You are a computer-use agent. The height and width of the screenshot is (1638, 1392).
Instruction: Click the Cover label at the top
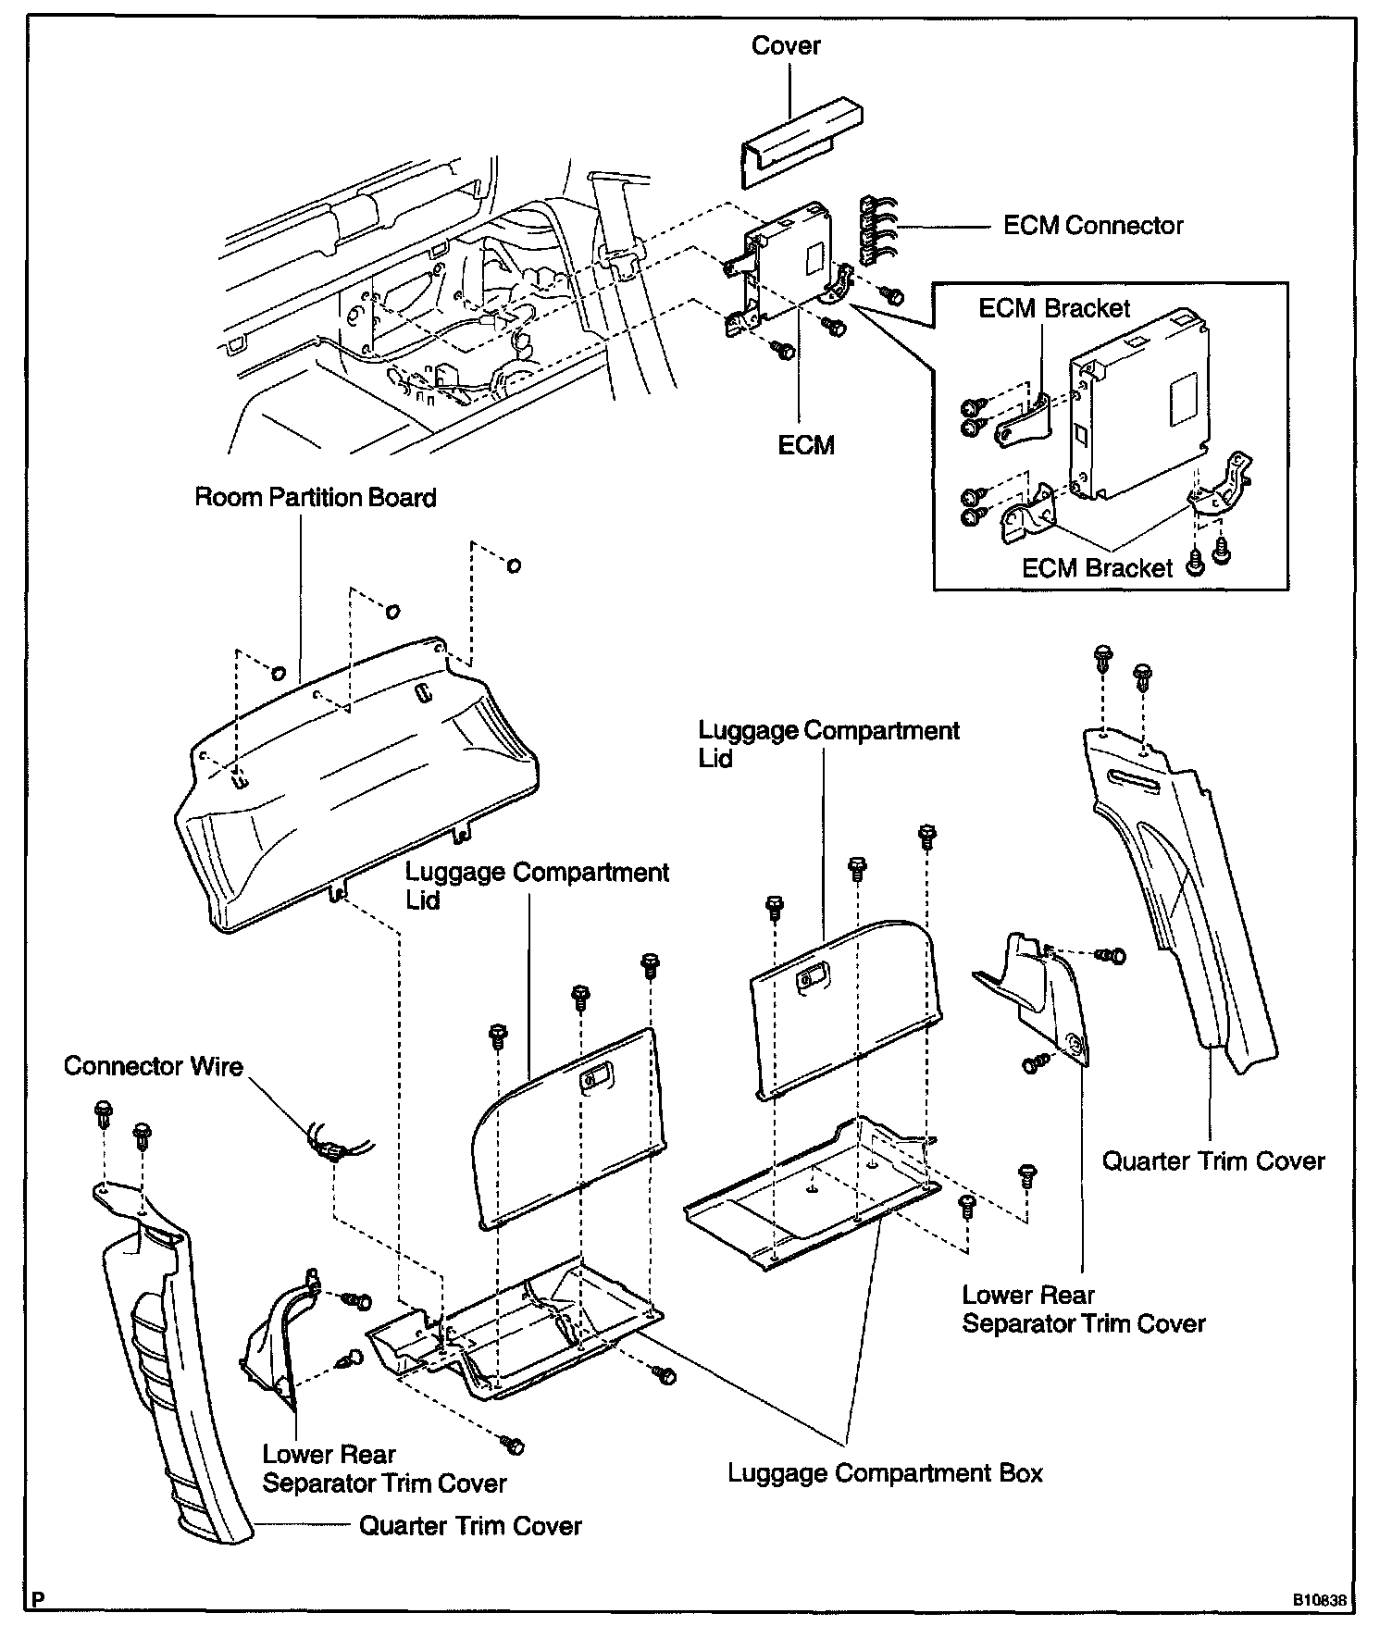coord(786,45)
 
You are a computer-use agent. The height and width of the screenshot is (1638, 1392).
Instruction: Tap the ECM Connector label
coord(1093,226)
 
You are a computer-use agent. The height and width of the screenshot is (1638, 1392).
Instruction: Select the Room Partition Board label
coord(316,498)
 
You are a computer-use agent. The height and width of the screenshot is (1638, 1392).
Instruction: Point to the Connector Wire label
coord(154,1066)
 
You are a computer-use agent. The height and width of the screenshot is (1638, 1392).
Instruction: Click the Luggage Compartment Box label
coord(885,1473)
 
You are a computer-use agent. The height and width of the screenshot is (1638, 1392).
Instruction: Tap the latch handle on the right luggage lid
coord(814,976)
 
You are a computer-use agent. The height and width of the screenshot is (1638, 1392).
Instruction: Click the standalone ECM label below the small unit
coord(806,445)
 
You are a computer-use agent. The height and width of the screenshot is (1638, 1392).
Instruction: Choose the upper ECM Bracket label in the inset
coord(1054,308)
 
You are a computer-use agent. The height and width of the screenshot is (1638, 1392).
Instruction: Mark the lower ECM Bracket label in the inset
coord(1097,568)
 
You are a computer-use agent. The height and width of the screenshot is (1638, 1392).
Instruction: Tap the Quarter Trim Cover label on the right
coord(1212,1161)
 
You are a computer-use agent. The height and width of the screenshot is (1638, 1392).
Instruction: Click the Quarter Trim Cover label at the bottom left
coord(470,1525)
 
